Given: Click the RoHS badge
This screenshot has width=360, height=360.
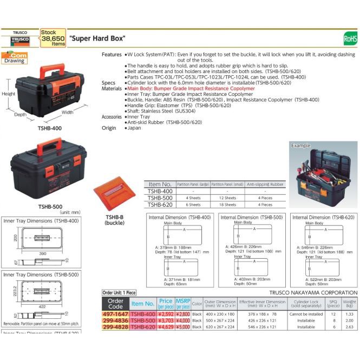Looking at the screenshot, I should coord(350,39).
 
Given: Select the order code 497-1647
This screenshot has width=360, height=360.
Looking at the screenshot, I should coord(115,314).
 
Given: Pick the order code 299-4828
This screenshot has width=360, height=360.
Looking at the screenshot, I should coord(115,327).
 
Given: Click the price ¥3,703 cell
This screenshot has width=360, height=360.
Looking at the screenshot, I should coord(165,320).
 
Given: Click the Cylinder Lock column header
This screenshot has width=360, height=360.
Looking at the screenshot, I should coord(306,304).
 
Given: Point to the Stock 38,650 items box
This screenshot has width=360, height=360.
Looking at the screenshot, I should coord(53,38).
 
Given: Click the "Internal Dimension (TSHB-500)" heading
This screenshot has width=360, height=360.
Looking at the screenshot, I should coord(251,217).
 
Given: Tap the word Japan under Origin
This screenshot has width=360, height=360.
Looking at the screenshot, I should coord(134,128).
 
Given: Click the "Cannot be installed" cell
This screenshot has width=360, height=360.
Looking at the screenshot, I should coord(306,314).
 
